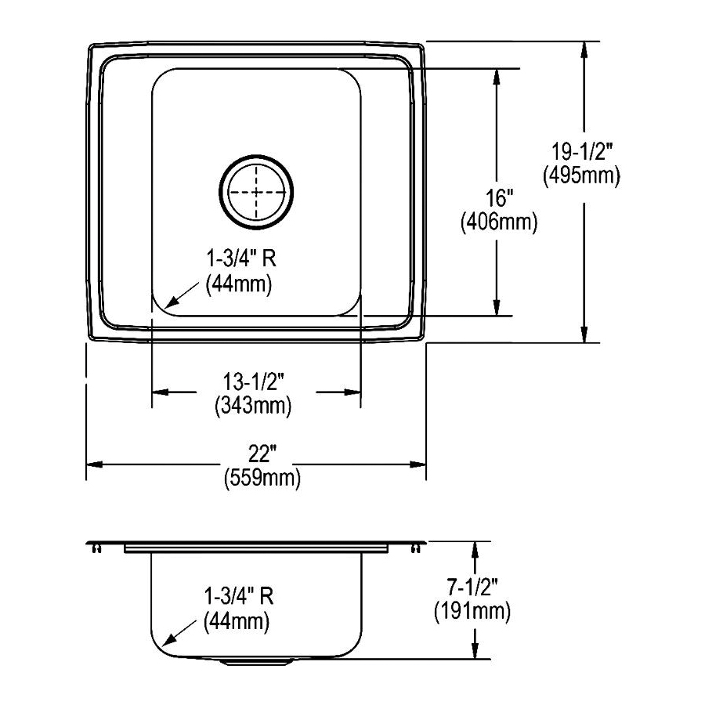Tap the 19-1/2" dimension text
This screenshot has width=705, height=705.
[582, 152]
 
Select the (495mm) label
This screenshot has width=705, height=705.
[581, 175]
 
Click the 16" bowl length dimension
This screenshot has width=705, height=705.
[499, 197]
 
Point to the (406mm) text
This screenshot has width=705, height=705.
[499, 222]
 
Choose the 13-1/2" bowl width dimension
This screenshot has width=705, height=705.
[254, 382]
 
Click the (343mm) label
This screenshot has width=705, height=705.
[254, 406]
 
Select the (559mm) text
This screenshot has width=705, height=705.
[262, 477]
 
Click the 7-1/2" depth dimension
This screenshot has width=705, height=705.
[472, 587]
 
